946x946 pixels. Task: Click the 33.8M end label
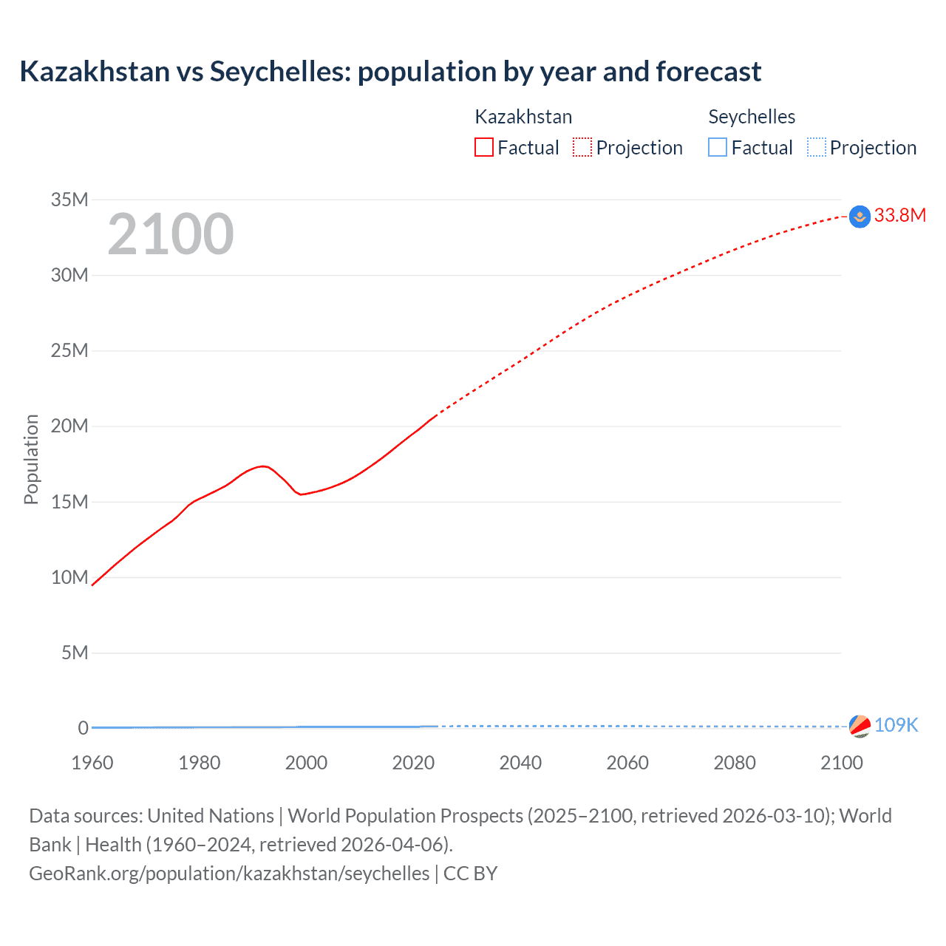(x=899, y=215)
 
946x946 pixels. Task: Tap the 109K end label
(x=896, y=725)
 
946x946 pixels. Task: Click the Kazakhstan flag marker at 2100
(x=860, y=217)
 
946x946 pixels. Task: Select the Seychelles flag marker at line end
(x=860, y=726)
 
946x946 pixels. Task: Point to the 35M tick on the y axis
(x=69, y=200)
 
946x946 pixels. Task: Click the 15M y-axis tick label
(x=69, y=502)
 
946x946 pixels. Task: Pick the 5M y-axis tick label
(x=75, y=653)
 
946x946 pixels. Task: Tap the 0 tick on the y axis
(x=83, y=728)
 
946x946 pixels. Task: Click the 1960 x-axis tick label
(x=92, y=763)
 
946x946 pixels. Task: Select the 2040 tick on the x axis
(x=520, y=763)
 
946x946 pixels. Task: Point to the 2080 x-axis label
(x=735, y=763)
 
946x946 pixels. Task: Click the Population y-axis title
(x=31, y=459)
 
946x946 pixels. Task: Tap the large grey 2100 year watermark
(x=171, y=234)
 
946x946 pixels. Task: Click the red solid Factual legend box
(x=484, y=147)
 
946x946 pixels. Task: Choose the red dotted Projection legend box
(x=582, y=147)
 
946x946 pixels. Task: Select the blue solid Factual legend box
(x=718, y=147)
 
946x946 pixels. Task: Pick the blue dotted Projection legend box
(x=816, y=147)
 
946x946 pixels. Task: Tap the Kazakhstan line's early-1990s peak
(x=262, y=466)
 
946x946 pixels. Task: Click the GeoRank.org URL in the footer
(x=229, y=874)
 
